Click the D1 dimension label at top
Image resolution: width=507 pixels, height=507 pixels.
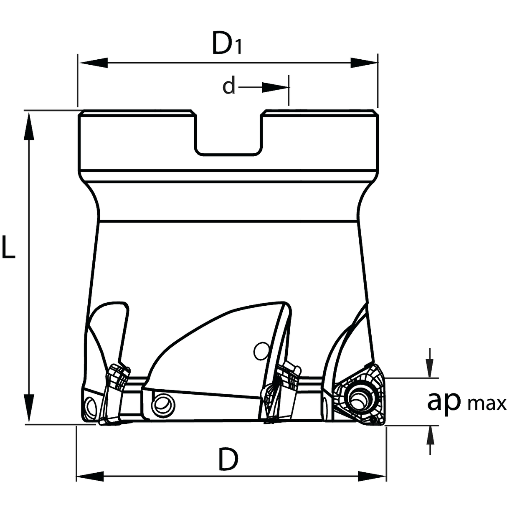pyautogui.click(x=226, y=43)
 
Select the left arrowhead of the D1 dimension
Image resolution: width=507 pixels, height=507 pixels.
pyautogui.click(x=93, y=63)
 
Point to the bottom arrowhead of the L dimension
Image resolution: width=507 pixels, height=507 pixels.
pyautogui.click(x=29, y=408)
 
